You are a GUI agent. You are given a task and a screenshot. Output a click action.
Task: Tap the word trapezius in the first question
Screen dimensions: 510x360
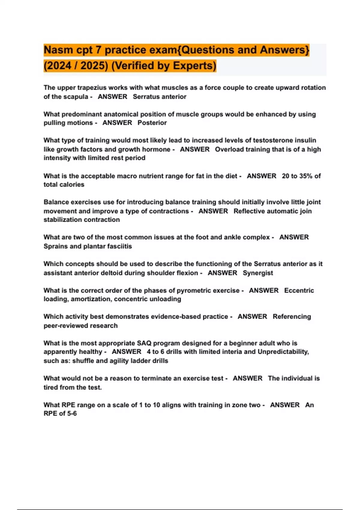(x=92, y=88)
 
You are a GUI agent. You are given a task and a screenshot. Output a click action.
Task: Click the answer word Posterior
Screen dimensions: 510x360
(x=152, y=123)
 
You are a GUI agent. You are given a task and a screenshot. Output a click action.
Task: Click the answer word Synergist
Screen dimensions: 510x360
(x=258, y=273)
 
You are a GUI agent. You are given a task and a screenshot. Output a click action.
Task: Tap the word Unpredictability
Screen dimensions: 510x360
(x=283, y=352)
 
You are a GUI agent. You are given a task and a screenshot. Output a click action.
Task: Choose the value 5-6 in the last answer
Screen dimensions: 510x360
(x=72, y=414)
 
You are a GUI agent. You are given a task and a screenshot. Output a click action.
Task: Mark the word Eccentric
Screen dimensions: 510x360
(x=299, y=290)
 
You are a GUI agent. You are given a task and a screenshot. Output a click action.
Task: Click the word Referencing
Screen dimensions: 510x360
(x=292, y=317)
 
